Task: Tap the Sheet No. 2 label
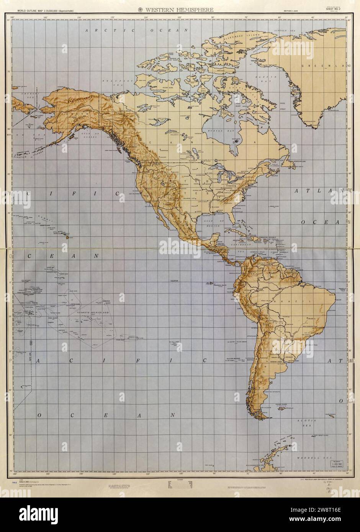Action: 334,10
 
